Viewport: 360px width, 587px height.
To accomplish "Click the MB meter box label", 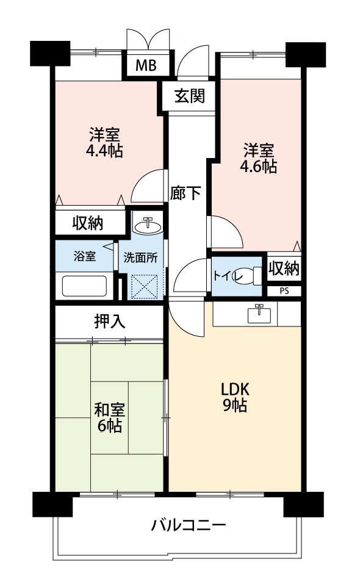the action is point(146,66).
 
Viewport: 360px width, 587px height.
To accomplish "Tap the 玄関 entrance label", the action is point(190,96).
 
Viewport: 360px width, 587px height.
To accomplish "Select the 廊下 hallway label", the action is point(185,193).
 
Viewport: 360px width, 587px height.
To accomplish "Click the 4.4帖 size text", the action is point(104,151).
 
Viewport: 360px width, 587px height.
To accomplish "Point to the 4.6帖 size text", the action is point(259,166).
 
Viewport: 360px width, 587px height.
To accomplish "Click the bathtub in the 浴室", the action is point(84,286).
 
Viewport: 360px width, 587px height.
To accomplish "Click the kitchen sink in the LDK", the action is point(258,314).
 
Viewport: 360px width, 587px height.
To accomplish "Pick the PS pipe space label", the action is point(284,291).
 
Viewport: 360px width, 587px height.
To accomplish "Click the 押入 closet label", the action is point(109,321).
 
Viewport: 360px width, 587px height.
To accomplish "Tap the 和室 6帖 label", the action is point(109,417).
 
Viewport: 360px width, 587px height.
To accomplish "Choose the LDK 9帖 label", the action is point(235,397).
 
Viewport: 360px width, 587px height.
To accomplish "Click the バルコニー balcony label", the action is point(189,525).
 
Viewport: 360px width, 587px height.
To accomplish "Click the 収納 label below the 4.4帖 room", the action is point(88,223).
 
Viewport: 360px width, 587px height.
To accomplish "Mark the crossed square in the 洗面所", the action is point(145,287).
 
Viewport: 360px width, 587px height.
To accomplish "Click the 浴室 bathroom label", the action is point(85,256).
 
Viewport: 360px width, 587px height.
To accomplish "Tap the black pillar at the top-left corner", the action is point(50,54).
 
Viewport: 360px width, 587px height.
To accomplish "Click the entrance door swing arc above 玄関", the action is point(190,55).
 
